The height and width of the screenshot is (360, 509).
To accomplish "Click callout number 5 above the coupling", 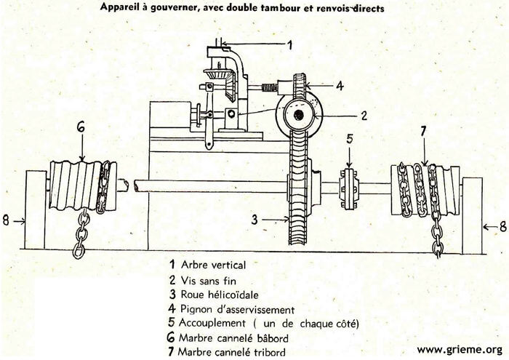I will (x=349, y=138).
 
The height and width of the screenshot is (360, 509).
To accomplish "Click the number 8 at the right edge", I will (x=502, y=226).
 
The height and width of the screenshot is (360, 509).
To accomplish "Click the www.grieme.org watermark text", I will (x=459, y=349).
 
